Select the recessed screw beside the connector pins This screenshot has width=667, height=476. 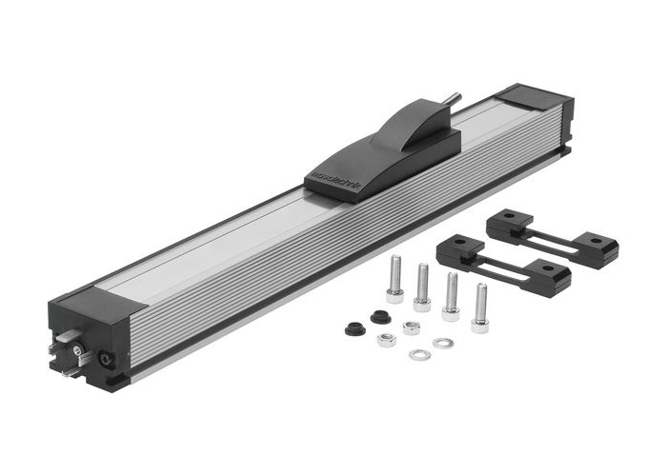(104, 359)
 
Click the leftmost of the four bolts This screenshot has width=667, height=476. (394, 281)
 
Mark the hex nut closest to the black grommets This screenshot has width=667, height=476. (412, 327)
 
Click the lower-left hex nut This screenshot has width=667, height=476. (386, 339)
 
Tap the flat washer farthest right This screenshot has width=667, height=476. (442, 343)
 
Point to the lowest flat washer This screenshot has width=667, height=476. (418, 355)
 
